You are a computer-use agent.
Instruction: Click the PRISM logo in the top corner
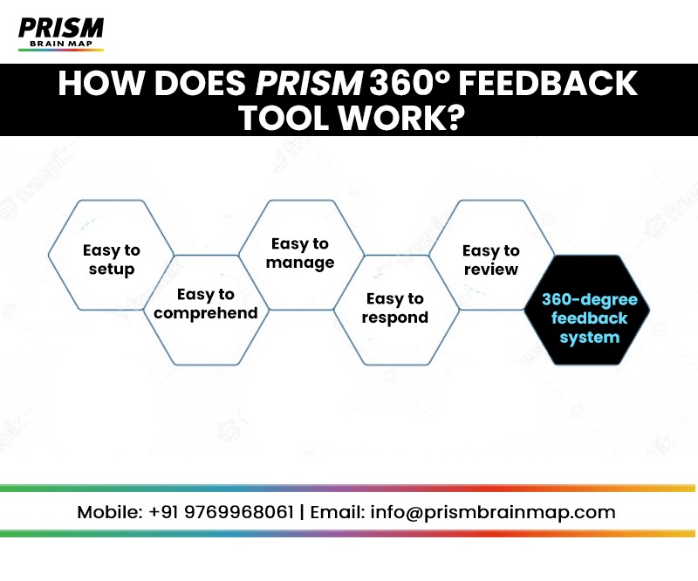[60, 32]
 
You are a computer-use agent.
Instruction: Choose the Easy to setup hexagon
[111, 259]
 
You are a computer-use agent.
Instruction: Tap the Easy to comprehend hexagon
[206, 304]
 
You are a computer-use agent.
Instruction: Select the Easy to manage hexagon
[299, 254]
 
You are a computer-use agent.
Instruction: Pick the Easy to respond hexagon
[395, 309]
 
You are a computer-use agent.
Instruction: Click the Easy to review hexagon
[491, 259]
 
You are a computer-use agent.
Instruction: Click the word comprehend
[206, 313]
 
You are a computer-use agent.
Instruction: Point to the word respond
[395, 318]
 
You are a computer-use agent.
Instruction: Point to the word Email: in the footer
[336, 512]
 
